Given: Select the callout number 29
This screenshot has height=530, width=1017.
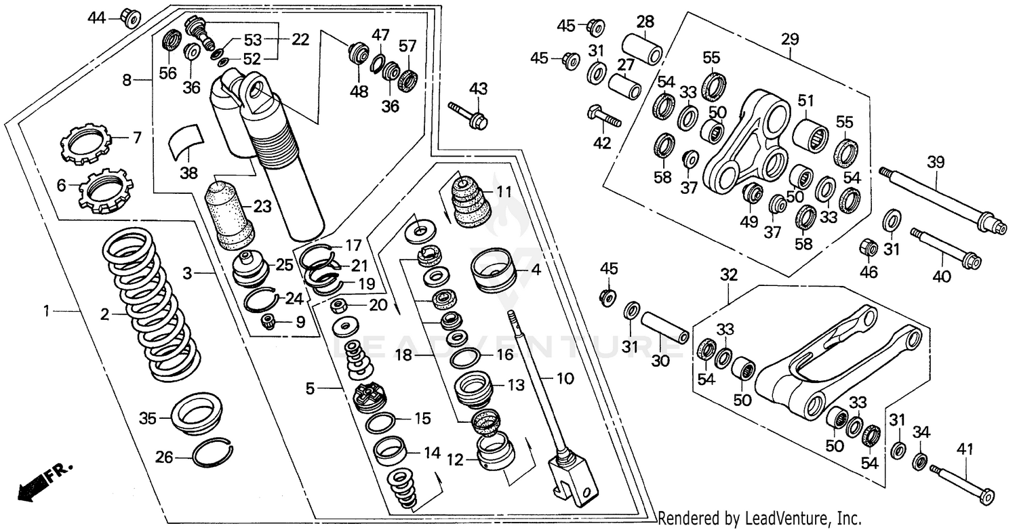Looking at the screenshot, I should click(x=790, y=41).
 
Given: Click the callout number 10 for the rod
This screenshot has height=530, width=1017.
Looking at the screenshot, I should click(x=565, y=378).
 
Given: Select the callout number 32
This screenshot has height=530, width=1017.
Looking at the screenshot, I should click(x=728, y=275).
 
